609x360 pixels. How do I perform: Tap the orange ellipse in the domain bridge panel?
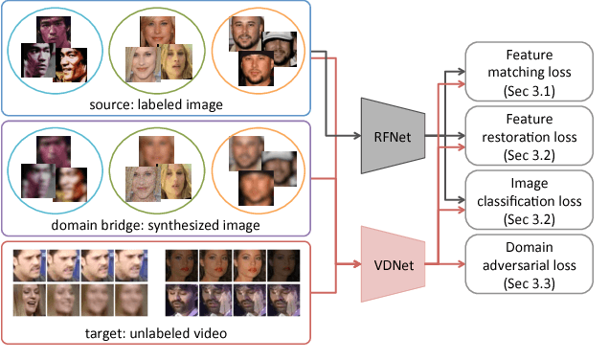[x=257, y=173]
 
